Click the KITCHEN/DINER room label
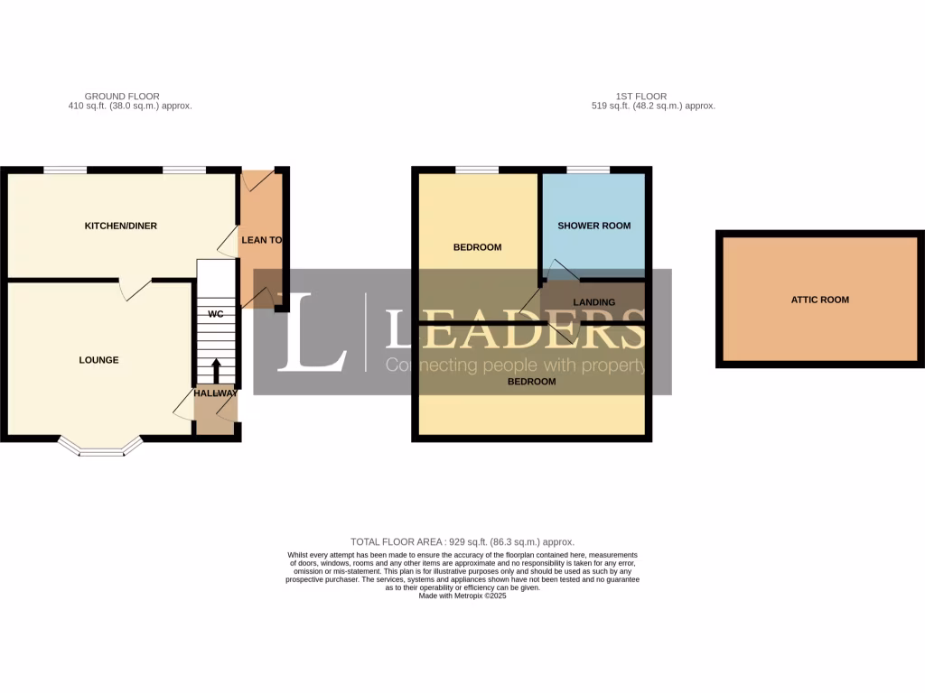point(120,226)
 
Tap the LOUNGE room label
point(98,360)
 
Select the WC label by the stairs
point(216,314)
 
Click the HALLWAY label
point(215,393)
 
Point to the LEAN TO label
point(260,240)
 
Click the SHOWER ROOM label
point(593,226)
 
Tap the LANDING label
point(593,302)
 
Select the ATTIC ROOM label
point(820,300)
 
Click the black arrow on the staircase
point(216,371)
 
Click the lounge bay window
point(100,448)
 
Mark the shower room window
point(587,170)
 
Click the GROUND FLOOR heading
point(122,96)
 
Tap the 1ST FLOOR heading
point(649,96)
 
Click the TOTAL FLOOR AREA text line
point(462,541)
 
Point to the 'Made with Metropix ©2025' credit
point(462,596)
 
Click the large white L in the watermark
point(311,333)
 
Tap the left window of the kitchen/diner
point(66,170)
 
